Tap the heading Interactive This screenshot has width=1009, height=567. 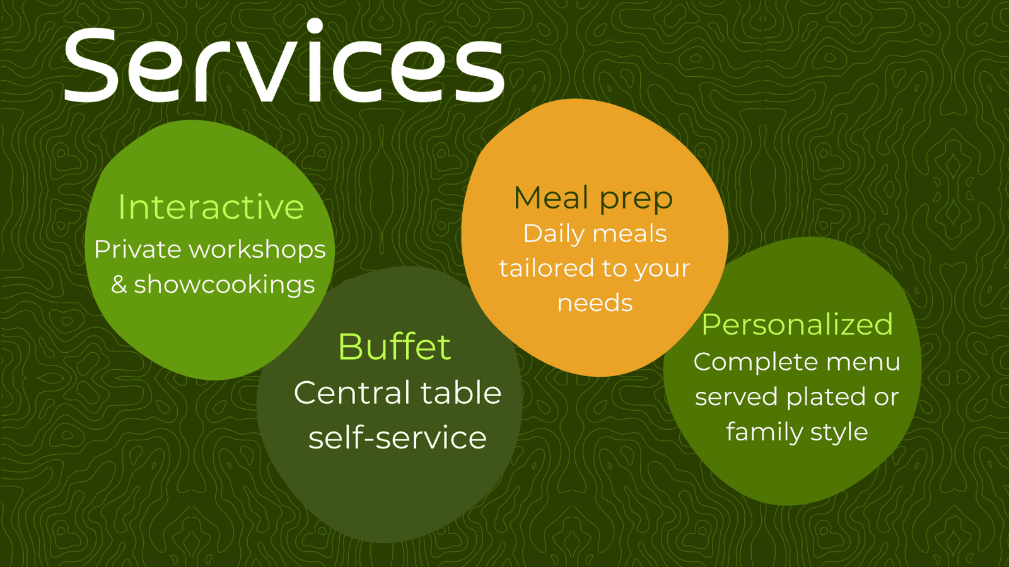coord(211,207)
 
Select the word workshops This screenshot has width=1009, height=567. coord(257,250)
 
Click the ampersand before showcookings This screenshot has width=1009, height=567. coord(119,285)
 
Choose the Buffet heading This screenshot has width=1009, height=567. coord(394,347)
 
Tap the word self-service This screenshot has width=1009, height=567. coord(397,438)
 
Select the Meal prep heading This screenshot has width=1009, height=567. coord(593,198)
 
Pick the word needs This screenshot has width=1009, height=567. coord(595,303)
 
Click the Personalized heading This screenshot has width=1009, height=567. coord(797,324)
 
